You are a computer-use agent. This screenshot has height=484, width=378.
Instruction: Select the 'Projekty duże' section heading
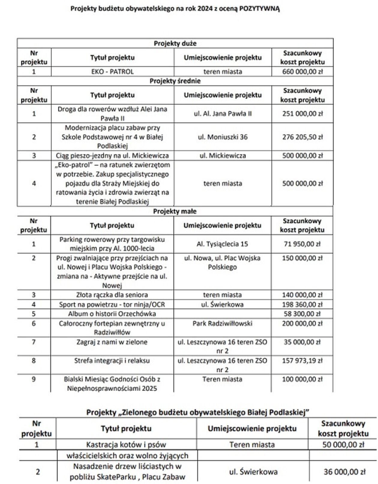pyautogui.click(x=175, y=44)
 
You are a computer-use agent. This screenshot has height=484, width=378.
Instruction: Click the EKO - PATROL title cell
pyautogui.click(x=112, y=72)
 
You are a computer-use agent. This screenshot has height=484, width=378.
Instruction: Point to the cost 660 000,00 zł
pyautogui.click(x=302, y=72)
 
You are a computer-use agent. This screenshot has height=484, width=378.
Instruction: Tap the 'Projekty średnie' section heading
pyautogui.click(x=175, y=81)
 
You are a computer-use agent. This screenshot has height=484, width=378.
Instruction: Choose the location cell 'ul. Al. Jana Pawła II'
pyautogui.click(x=223, y=114)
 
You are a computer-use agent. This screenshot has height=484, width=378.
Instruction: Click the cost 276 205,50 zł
pyautogui.click(x=302, y=137)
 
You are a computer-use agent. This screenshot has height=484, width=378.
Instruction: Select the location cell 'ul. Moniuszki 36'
pyautogui.click(x=223, y=137)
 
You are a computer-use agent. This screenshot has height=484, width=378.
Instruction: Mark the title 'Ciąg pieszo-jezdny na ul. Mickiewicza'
pyautogui.click(x=112, y=156)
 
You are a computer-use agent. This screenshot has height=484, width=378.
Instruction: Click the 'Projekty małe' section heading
pyautogui.click(x=175, y=212)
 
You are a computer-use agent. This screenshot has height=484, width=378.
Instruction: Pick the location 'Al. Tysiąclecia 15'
pyautogui.click(x=222, y=244)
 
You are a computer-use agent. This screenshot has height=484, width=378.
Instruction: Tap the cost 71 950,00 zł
pyautogui.click(x=302, y=244)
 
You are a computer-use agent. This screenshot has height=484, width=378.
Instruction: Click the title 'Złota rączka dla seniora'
pyautogui.click(x=112, y=295)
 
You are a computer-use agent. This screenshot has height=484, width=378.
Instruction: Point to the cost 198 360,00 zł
pyautogui.click(x=302, y=305)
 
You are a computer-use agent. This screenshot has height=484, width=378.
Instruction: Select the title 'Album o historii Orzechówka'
pyautogui.click(x=112, y=314)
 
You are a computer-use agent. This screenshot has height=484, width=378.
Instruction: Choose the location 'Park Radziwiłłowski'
pyautogui.click(x=222, y=323)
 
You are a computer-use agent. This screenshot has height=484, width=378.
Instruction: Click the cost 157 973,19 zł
pyautogui.click(x=302, y=361)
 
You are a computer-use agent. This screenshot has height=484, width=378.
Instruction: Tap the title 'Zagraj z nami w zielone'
pyautogui.click(x=112, y=342)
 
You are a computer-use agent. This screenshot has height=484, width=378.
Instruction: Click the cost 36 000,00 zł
pyautogui.click(x=344, y=472)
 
